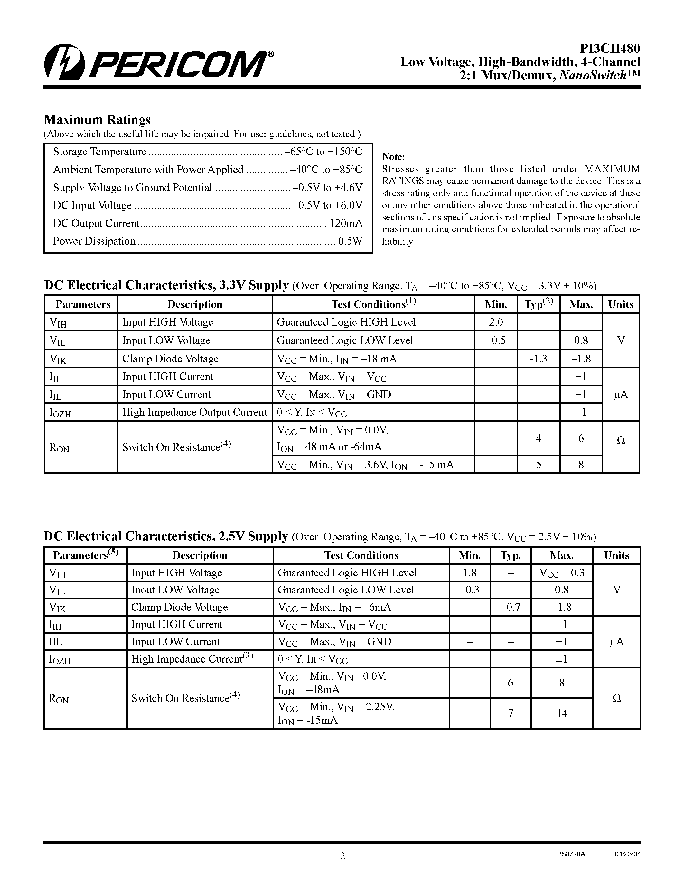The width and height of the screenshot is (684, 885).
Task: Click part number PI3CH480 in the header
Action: (x=610, y=49)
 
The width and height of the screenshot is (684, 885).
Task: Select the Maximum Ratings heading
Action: (x=97, y=119)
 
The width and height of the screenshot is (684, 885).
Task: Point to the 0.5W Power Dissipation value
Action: (x=350, y=241)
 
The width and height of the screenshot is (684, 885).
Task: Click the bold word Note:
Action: (x=393, y=157)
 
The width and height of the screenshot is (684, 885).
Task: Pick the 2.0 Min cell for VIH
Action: (x=496, y=322)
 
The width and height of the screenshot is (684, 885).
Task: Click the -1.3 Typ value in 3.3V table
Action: (x=538, y=359)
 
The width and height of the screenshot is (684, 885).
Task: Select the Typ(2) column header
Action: (x=539, y=304)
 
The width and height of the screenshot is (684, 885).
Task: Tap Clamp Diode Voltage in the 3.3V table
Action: (x=170, y=359)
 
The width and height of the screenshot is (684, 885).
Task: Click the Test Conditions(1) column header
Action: (x=373, y=304)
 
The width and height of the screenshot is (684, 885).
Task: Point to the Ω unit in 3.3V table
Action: (x=620, y=441)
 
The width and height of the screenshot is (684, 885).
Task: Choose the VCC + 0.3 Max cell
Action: (x=562, y=573)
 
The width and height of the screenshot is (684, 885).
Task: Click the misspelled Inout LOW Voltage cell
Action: (x=175, y=590)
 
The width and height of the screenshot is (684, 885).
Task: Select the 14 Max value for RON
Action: (x=562, y=713)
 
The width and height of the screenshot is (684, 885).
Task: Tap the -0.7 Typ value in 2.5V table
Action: (x=510, y=607)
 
